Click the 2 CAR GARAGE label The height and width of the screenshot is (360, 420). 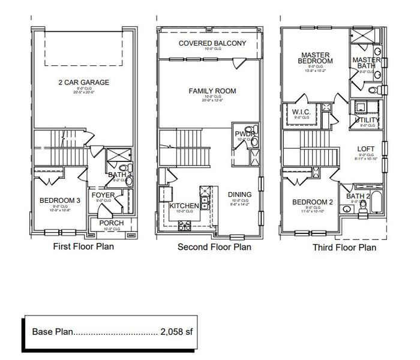(x=83, y=82)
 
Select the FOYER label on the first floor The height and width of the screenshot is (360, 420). (x=103, y=196)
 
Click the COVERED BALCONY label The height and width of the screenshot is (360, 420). (x=212, y=43)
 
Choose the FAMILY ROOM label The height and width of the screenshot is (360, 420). (x=212, y=91)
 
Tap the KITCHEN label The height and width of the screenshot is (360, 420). (x=184, y=206)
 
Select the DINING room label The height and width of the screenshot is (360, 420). (x=239, y=195)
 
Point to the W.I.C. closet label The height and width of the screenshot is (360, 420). (x=301, y=113)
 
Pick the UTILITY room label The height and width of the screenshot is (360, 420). (x=367, y=120)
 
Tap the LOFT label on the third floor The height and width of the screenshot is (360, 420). (x=365, y=149)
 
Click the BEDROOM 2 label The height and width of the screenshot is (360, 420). (x=312, y=202)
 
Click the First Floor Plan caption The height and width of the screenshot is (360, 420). (x=83, y=246)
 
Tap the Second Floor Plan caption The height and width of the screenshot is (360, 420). (x=214, y=247)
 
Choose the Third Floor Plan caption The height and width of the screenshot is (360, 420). (x=344, y=247)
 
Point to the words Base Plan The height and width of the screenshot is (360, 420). (x=51, y=331)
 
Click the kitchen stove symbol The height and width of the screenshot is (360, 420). (x=182, y=226)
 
